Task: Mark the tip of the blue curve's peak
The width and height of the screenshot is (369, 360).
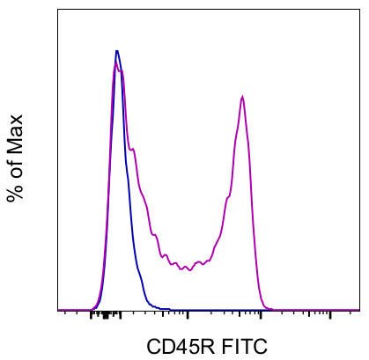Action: pyautogui.click(x=116, y=51)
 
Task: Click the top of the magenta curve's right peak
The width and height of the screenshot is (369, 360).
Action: pyautogui.click(x=242, y=97)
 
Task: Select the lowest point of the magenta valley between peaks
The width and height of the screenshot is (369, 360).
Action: pyautogui.click(x=186, y=269)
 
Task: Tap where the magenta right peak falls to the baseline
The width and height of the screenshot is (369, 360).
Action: pyautogui.click(x=269, y=308)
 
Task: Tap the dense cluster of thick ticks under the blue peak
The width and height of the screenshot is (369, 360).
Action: pyautogui.click(x=107, y=314)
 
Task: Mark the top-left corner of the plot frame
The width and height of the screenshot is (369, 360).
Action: pyautogui.click(x=58, y=10)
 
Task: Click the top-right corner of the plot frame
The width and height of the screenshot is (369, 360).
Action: pyautogui.click(x=359, y=10)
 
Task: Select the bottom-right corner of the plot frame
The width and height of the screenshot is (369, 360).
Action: pyautogui.click(x=359, y=311)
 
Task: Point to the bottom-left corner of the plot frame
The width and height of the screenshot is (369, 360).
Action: pyautogui.click(x=58, y=311)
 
